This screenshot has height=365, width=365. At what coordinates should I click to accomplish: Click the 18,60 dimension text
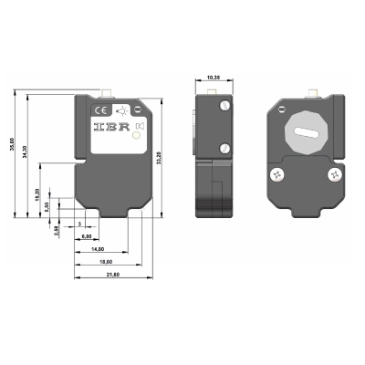[x=107, y=261]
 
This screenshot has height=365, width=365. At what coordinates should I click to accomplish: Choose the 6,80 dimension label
[x=87, y=236]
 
